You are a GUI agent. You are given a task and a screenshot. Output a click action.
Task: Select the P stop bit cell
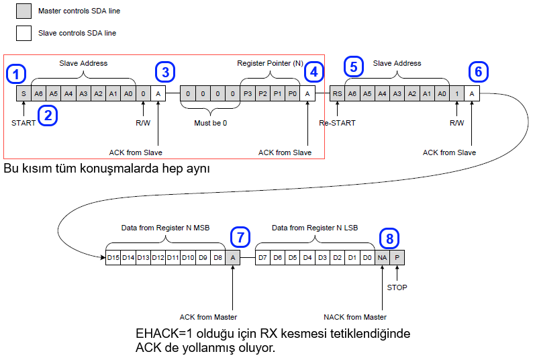pos(397,257)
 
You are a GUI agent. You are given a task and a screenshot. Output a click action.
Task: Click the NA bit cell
pos(382,257)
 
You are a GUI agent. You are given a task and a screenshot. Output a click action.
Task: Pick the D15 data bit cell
pos(113,257)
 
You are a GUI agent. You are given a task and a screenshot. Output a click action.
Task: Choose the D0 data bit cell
pos(367,257)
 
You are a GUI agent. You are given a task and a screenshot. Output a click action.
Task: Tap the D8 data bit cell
pos(217,257)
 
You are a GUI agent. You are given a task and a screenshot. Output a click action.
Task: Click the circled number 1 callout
pos(17,73)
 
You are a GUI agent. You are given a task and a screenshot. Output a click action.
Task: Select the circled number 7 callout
pos(240,237)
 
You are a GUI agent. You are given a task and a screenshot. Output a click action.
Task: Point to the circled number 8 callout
pos(389,237)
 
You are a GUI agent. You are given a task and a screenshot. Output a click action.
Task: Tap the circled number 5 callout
pos(354,66)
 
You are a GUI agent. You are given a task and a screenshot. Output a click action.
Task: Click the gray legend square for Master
pos(23,11)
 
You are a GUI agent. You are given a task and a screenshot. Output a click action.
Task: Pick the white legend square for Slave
pos(23,33)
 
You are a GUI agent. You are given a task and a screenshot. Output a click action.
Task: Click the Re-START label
pos(337,123)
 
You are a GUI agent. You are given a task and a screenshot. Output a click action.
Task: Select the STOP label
pos(397,287)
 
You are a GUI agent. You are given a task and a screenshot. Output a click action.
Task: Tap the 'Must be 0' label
pos(210,123)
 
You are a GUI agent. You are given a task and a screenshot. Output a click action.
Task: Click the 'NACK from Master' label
pos(355,317)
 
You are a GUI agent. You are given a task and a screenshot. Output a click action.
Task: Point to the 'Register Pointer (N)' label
pos(271,63)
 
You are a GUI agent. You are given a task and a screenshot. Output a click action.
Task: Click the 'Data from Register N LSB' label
pos(314,228)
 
